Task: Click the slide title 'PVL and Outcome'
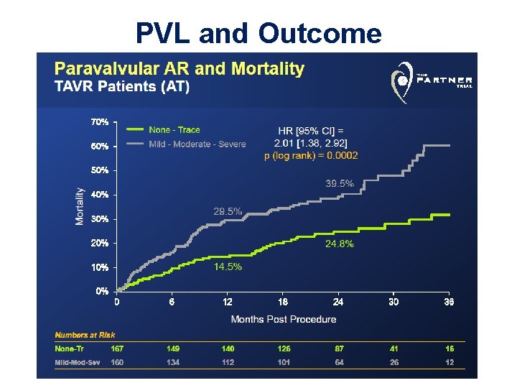pyautogui.click(x=258, y=33)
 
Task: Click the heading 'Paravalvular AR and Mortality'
pyautogui.click(x=180, y=70)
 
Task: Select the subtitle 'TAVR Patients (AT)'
pyautogui.click(x=123, y=87)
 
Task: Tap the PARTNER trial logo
pyautogui.click(x=431, y=80)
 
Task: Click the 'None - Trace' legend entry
pyautogui.click(x=174, y=130)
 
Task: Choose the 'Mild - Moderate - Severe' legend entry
pyautogui.click(x=197, y=144)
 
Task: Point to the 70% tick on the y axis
pyautogui.click(x=100, y=122)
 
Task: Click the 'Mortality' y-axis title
pyautogui.click(x=80, y=207)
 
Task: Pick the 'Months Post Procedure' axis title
pyautogui.click(x=283, y=319)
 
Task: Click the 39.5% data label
pyautogui.click(x=340, y=184)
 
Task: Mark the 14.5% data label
pyautogui.click(x=228, y=267)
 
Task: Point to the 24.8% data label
pyautogui.click(x=339, y=244)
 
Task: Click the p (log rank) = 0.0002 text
pyautogui.click(x=311, y=155)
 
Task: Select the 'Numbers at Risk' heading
pyautogui.click(x=85, y=335)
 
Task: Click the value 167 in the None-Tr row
pyautogui.click(x=118, y=348)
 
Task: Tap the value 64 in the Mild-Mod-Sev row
pyautogui.click(x=339, y=362)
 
